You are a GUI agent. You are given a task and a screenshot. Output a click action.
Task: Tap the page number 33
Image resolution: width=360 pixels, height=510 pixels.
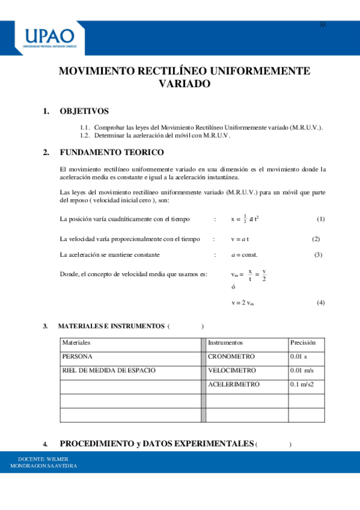pos(322,25)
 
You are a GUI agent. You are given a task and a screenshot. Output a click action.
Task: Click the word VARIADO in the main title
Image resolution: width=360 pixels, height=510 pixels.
pos(185,84)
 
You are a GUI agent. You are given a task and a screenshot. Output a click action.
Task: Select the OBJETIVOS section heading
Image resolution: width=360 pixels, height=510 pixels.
pos(84,111)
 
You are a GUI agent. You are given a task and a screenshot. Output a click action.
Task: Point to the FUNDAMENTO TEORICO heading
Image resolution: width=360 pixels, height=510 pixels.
pos(111,152)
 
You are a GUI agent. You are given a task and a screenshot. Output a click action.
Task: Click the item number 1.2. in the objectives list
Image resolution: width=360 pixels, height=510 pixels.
pos(84,136)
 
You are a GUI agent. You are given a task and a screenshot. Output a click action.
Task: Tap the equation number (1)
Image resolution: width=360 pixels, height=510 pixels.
pos(320,219)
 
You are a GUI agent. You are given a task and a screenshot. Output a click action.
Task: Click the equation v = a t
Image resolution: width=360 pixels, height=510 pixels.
pos(240,239)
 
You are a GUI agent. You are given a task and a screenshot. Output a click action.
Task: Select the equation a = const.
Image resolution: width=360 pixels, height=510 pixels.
pos(244,254)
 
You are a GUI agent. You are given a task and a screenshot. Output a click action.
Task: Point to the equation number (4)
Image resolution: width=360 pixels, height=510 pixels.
pos(320,303)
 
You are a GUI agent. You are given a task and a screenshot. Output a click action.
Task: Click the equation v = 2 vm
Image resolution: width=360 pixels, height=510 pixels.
pos(243,303)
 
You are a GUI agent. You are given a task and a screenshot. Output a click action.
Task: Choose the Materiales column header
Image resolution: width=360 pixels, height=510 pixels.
pos(76,342)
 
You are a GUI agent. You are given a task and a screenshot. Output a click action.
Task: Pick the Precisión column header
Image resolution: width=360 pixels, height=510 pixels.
pos(303,342)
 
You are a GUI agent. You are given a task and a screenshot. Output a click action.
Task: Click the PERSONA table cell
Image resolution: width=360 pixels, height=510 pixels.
pos(77,356)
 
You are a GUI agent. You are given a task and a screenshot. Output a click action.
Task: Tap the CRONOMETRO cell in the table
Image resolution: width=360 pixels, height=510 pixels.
pos(231,356)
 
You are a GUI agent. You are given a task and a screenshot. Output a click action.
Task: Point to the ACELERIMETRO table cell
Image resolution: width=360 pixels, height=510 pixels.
pos(234,384)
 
